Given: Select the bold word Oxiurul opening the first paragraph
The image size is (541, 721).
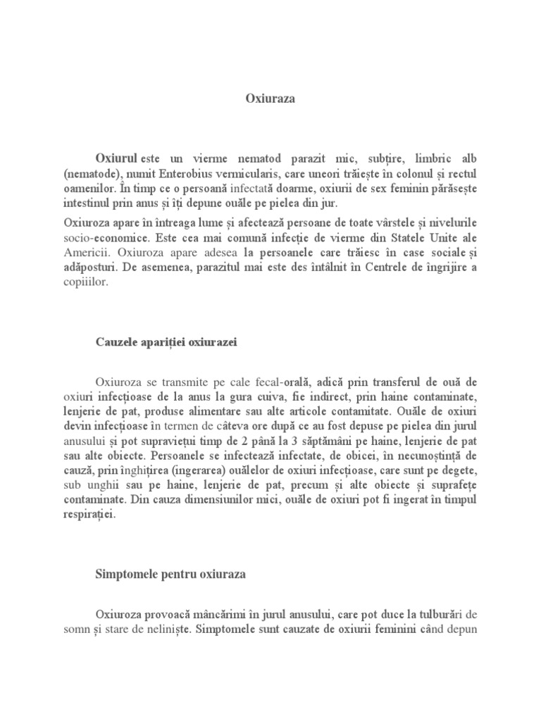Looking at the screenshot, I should tap(117, 159).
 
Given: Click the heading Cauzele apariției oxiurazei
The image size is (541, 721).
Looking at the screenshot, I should tap(166, 342).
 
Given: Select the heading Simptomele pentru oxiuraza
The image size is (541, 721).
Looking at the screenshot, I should tap(170, 575).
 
